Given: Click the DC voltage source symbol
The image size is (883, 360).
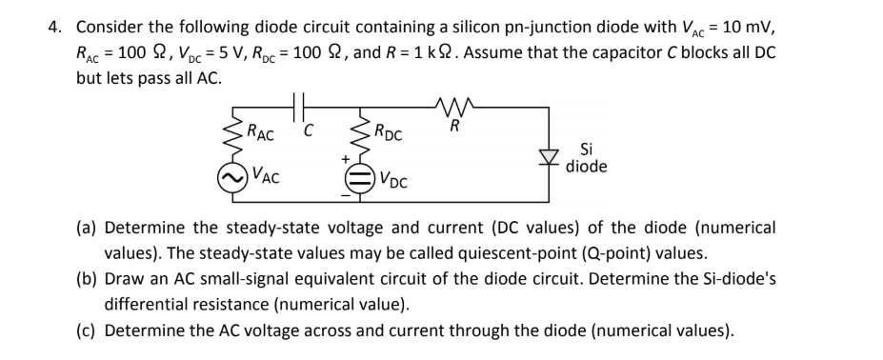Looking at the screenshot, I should coord(359,178).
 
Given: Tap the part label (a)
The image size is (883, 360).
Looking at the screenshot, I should coord(87,229).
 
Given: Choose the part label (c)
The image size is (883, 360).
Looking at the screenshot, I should coord(87,331).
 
